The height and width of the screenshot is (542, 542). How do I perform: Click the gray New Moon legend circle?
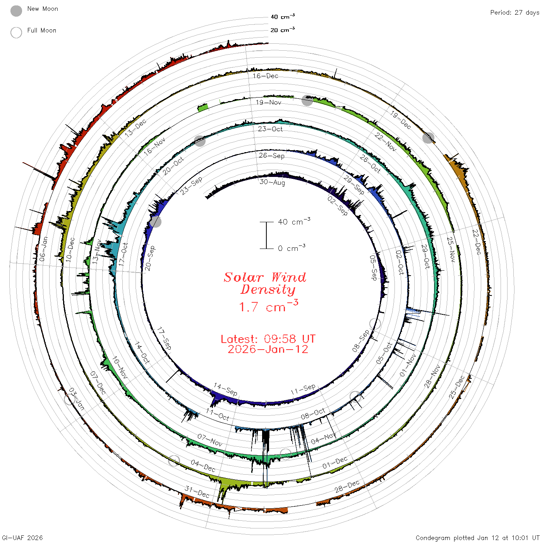(16, 11)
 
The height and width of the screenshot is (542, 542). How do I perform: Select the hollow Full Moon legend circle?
(16, 33)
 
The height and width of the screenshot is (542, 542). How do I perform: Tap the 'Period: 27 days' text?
(515, 13)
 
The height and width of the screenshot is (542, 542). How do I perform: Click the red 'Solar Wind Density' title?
(265, 283)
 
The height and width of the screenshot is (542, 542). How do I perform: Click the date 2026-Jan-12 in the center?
(268, 349)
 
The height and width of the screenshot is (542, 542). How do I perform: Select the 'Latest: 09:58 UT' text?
(268, 339)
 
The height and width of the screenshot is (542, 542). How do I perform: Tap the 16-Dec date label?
(265, 76)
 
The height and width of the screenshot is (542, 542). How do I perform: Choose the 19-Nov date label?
(268, 102)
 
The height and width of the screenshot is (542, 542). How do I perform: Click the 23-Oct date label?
(270, 129)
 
